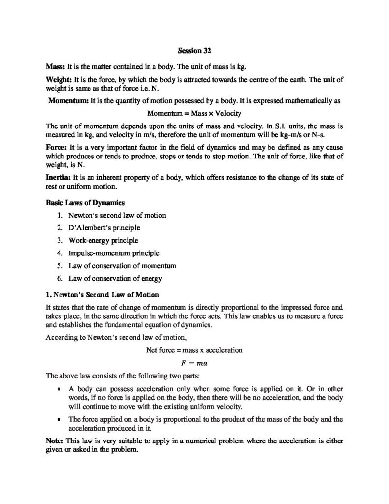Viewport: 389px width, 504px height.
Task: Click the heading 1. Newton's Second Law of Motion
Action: (102, 295)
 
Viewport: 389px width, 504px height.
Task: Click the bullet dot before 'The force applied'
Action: (59, 419)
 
